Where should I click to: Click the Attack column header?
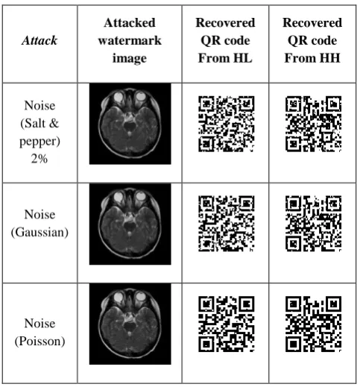coord(40,40)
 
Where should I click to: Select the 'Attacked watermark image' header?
coord(130,40)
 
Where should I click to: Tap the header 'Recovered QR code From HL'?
coord(225,40)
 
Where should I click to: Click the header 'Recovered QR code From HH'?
coord(312,40)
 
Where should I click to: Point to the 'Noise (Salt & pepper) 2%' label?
coord(40,132)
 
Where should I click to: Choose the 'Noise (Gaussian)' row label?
coord(40,223)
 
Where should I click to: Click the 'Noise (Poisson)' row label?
coord(40,332)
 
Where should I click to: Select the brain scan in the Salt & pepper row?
coord(130,124)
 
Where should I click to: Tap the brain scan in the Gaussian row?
coord(130,224)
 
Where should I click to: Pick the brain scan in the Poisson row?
coord(130,324)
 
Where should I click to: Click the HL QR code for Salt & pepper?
coord(226,124)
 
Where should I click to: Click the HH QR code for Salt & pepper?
coord(313,124)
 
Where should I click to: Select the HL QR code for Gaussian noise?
coord(226,224)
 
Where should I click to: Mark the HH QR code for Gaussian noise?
coord(313,224)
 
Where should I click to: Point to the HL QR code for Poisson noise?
coord(226,324)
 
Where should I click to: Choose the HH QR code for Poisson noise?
coord(313,324)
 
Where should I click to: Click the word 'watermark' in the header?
coord(130,40)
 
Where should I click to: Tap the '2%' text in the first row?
coord(40,159)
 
